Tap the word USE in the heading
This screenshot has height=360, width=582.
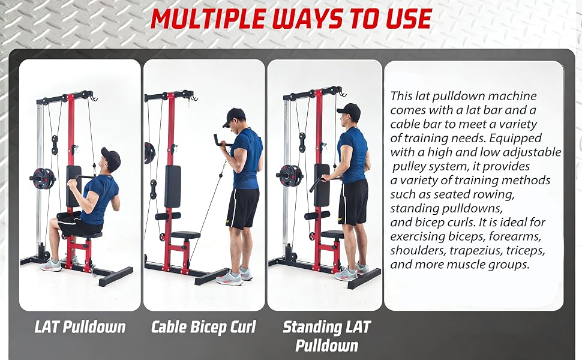(409, 18)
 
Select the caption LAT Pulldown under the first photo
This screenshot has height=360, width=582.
(80, 327)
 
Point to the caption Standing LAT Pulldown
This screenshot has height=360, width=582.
(326, 336)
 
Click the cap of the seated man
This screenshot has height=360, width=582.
(111, 158)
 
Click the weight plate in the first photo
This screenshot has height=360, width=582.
(43, 179)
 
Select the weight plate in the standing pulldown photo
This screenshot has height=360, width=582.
(290, 175)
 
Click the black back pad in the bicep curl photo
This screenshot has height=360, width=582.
(173, 187)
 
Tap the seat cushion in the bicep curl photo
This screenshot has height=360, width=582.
(185, 235)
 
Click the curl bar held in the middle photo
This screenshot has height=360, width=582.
(222, 140)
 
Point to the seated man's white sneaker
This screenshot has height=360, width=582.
(50, 265)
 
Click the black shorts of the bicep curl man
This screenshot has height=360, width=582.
(243, 208)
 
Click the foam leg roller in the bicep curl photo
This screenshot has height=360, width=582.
(168, 216)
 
